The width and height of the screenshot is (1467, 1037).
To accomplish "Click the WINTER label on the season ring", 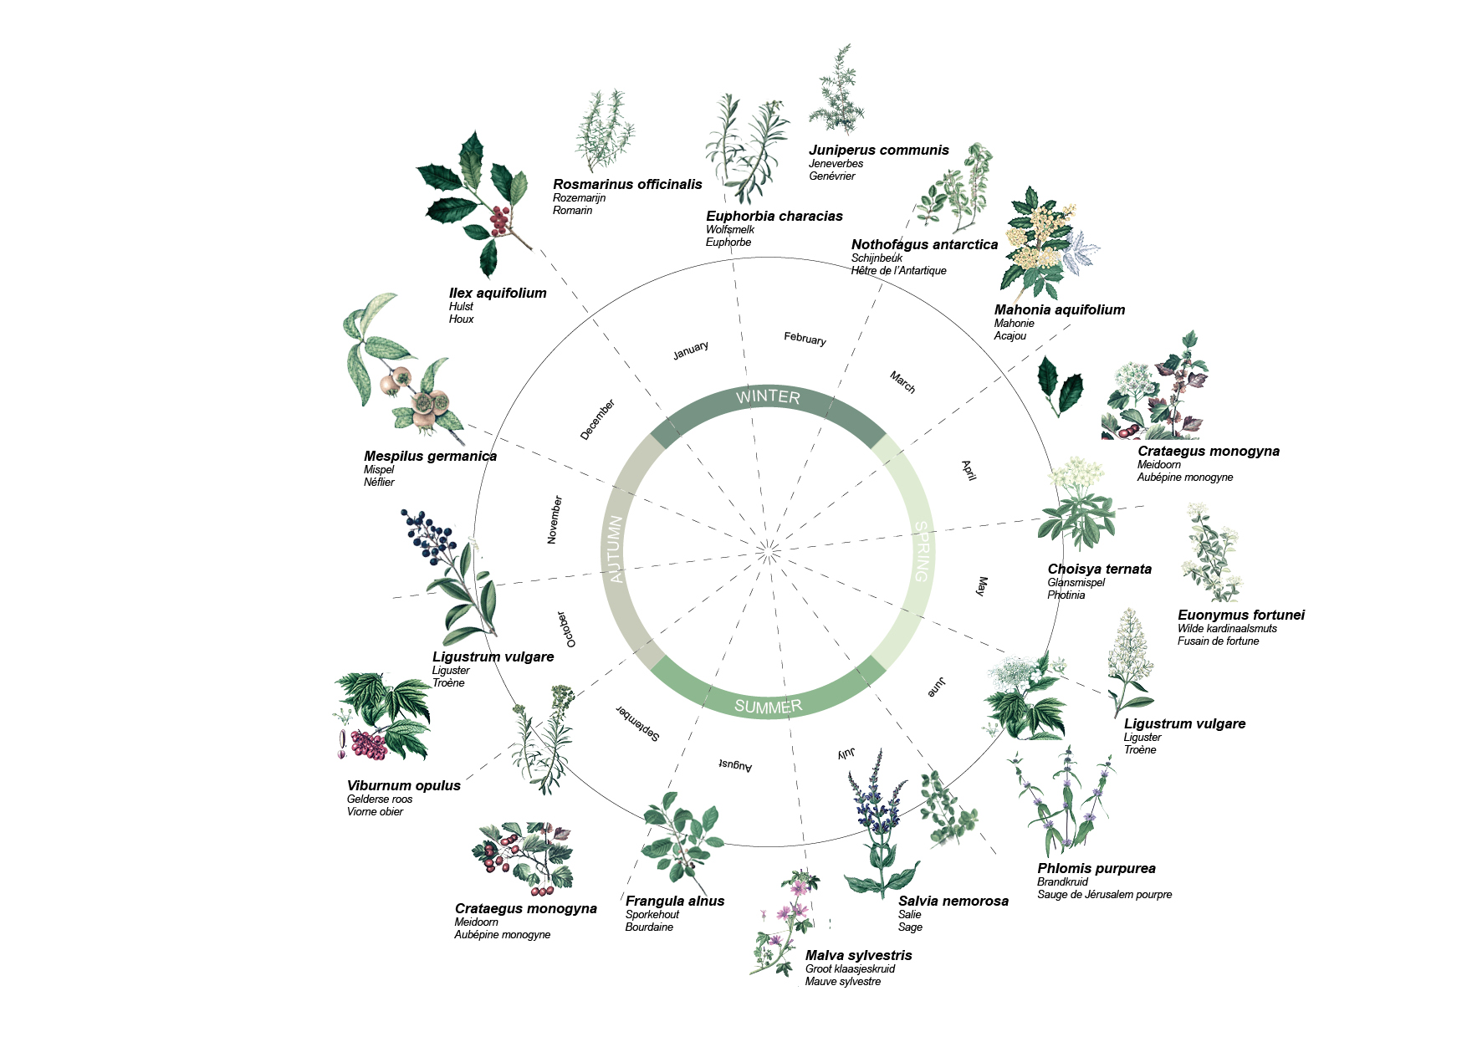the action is click(x=768, y=397).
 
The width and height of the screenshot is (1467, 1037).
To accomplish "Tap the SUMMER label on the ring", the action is click(x=768, y=707).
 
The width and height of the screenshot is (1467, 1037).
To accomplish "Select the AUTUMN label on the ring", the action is click(x=616, y=549).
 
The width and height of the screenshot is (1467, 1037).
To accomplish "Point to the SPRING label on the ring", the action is click(x=921, y=551).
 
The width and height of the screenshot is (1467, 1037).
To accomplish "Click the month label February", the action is click(x=805, y=338).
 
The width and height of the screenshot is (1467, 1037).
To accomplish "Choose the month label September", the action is click(x=638, y=723).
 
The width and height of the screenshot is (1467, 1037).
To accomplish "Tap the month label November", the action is click(x=555, y=519).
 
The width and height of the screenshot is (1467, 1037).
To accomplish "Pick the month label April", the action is click(x=969, y=470).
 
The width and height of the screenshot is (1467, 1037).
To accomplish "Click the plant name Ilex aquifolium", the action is click(x=498, y=293).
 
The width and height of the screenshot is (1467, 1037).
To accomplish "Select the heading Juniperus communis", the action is click(x=878, y=150).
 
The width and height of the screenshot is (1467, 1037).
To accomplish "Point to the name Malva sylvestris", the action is click(x=858, y=955).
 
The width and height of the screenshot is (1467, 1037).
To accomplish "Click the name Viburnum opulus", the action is click(x=403, y=785).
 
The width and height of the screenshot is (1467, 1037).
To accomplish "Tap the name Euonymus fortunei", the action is click(x=1240, y=615).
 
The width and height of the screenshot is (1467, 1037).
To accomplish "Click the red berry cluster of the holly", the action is click(x=498, y=220).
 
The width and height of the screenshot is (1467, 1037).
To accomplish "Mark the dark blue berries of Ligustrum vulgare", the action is click(x=427, y=533).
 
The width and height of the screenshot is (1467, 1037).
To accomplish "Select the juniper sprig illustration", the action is click(x=837, y=92).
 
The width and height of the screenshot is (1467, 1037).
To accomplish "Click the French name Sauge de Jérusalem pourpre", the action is click(x=1104, y=895).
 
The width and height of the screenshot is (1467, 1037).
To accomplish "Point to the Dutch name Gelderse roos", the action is click(x=380, y=799).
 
